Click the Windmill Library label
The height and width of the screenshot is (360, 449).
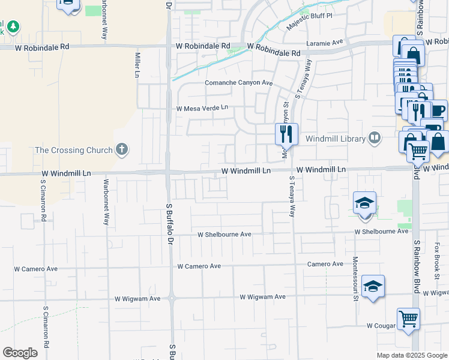(x=336, y=139)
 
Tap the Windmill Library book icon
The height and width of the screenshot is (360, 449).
(x=375, y=139)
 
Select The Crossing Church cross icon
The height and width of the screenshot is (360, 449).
(x=122, y=149)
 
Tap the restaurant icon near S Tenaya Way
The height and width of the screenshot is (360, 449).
(x=286, y=134)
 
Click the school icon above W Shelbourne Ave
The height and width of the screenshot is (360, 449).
(x=364, y=204)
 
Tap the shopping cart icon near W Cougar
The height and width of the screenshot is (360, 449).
(x=409, y=319)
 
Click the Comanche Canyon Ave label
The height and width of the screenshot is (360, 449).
(x=239, y=83)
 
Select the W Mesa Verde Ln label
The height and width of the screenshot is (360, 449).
(x=202, y=108)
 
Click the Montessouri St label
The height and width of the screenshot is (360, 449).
(x=355, y=271)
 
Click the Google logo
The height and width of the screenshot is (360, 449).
(x=20, y=353)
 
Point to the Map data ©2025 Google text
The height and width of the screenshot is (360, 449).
(x=412, y=355)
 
